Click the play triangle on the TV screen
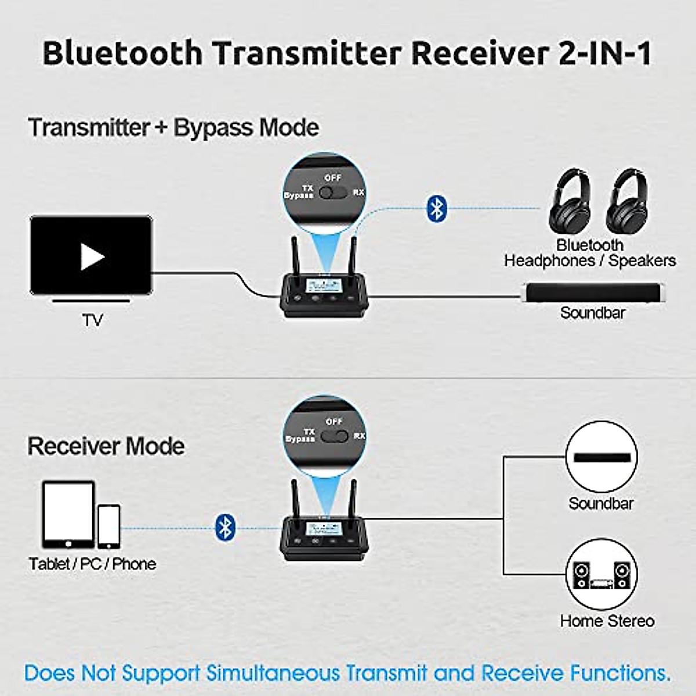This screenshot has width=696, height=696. (92, 257)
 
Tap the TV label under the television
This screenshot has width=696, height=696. (92, 320)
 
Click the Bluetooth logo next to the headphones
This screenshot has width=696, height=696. (436, 208)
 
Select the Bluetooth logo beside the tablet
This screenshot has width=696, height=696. (225, 527)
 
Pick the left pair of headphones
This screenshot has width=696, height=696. (570, 201)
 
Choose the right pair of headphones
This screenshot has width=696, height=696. (627, 201)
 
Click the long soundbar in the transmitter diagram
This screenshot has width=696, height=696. (592, 293)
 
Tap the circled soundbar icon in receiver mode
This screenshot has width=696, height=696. (601, 457)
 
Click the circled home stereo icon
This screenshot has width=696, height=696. (601, 575)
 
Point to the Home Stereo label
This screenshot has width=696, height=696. (607, 621)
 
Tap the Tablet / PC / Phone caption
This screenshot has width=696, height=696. (92, 564)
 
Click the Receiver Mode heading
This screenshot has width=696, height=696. (106, 446)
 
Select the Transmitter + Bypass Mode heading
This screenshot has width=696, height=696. (173, 128)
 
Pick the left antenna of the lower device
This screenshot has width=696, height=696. (294, 499)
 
